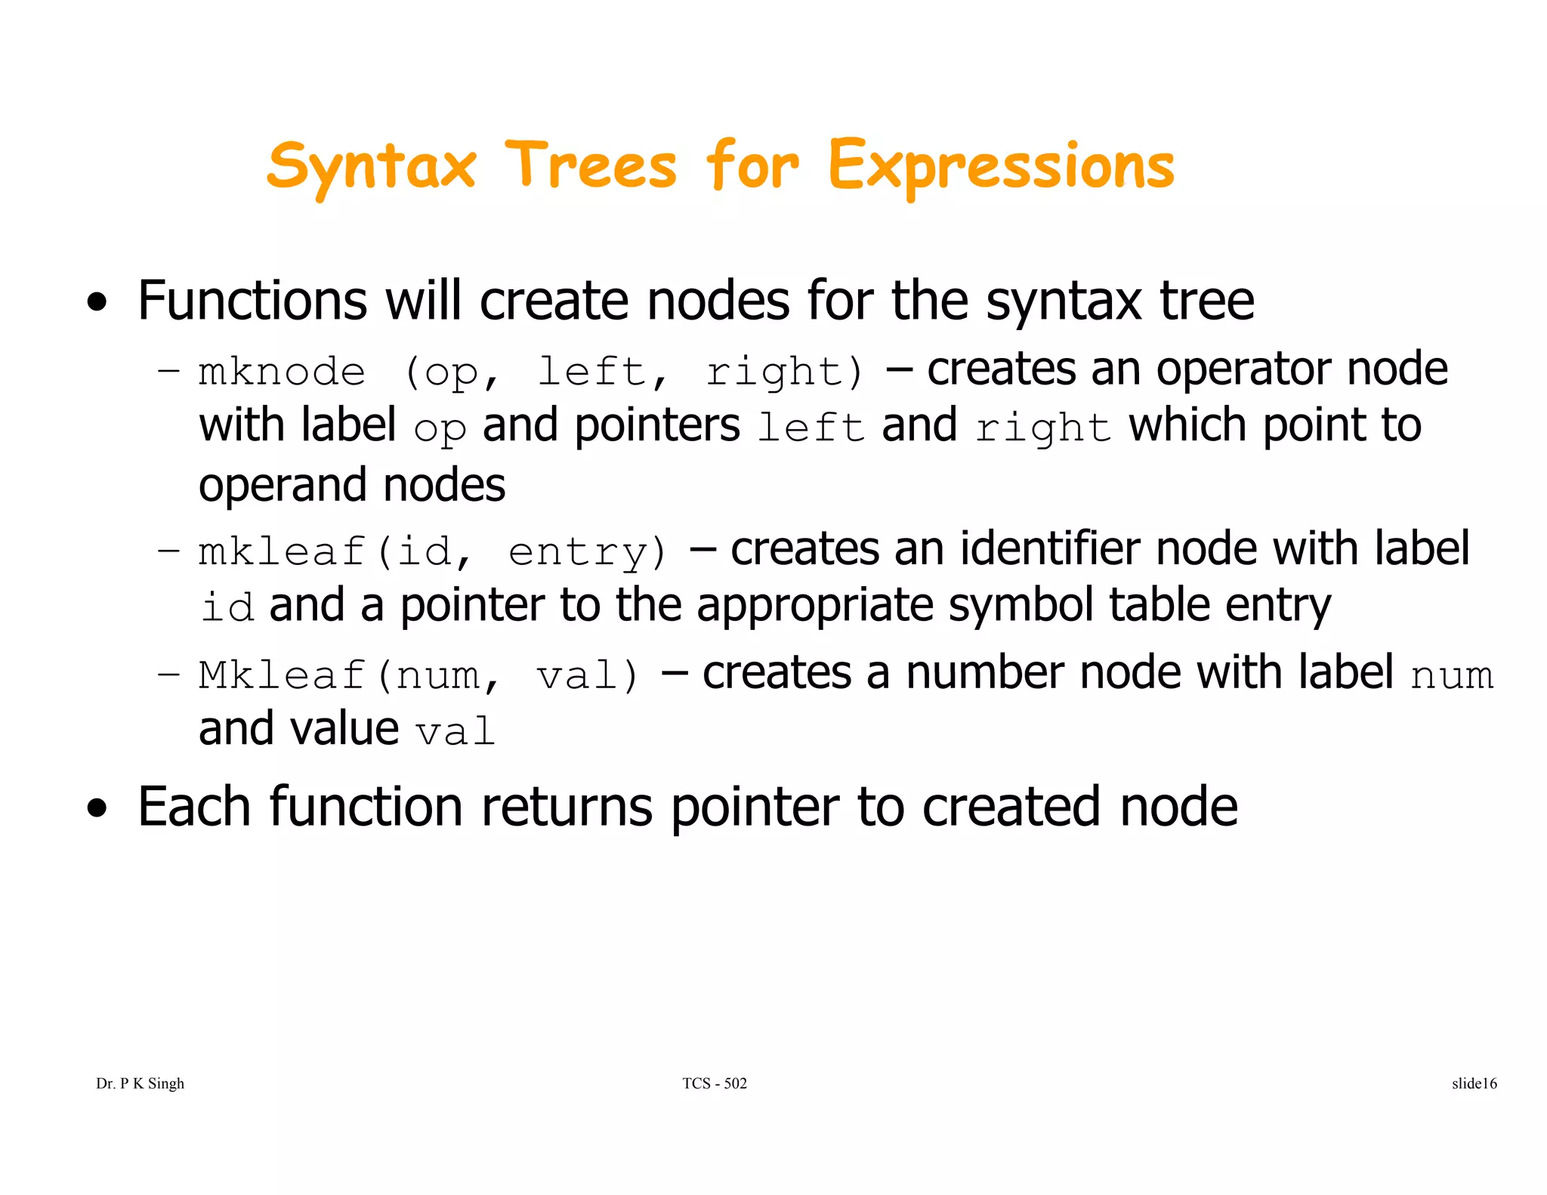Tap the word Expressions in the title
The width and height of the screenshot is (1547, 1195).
[x=1001, y=166]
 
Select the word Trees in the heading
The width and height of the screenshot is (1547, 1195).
[x=591, y=166]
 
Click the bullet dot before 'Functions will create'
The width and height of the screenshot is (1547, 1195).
[x=97, y=304]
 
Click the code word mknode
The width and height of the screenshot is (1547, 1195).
[x=282, y=372]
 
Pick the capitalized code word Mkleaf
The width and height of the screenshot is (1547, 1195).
[x=282, y=675]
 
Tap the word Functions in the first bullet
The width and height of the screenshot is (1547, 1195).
[x=252, y=301]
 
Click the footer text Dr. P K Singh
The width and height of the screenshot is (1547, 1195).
[x=140, y=1083]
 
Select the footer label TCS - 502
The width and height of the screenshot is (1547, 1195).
[x=714, y=1083]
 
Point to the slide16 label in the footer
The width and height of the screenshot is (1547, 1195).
[x=1474, y=1083]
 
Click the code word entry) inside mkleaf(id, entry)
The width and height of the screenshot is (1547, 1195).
[x=588, y=552]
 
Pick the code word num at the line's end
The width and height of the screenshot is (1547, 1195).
[x=1452, y=675]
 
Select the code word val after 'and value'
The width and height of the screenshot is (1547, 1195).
[x=455, y=732]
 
